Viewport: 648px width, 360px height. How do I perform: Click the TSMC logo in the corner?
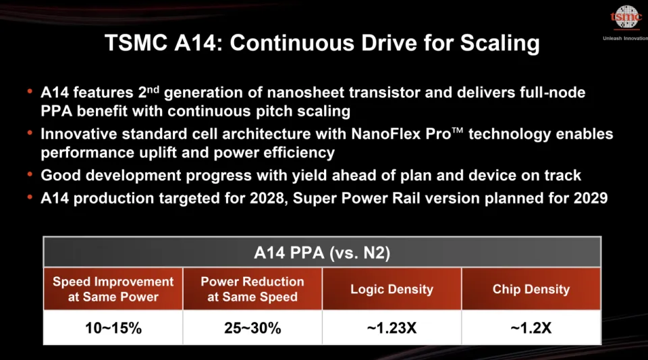click(x=626, y=18)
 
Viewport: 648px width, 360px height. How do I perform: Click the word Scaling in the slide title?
click(x=500, y=43)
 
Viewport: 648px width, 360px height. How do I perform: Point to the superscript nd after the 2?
click(x=154, y=89)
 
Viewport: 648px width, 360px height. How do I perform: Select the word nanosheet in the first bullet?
click(x=303, y=92)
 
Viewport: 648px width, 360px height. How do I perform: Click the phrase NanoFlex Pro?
click(x=401, y=134)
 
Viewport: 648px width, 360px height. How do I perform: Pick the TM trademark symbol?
click(x=458, y=130)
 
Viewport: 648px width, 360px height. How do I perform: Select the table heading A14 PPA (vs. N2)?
click(x=322, y=253)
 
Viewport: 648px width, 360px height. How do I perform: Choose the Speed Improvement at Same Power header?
click(x=113, y=289)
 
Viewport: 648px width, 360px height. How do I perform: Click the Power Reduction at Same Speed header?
click(x=252, y=289)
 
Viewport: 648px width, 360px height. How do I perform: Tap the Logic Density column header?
click(x=391, y=289)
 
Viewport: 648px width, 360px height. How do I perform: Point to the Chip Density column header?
click(x=531, y=289)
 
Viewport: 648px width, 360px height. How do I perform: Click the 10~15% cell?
click(x=113, y=328)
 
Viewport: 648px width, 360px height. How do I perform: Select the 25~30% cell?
click(x=252, y=328)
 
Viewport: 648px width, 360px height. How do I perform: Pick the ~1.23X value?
click(x=391, y=328)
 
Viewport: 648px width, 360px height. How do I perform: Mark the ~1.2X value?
click(x=531, y=328)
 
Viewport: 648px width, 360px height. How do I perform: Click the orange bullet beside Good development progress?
click(x=30, y=174)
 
